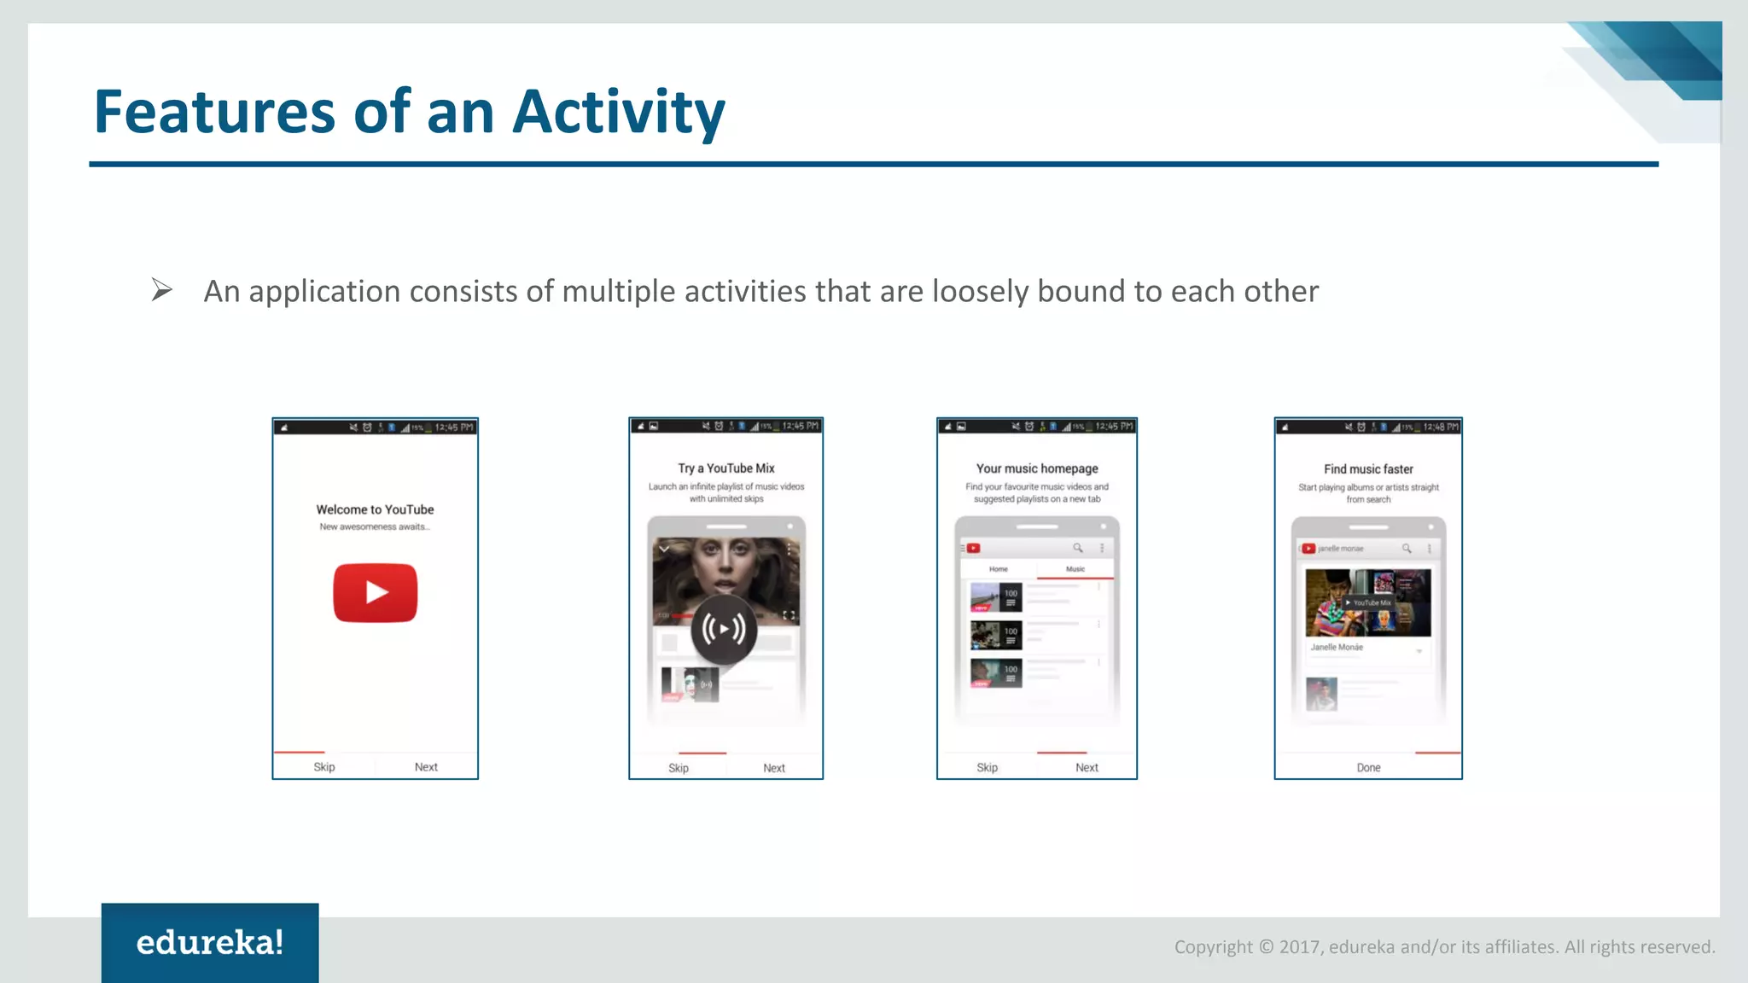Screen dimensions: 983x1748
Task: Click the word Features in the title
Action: click(214, 113)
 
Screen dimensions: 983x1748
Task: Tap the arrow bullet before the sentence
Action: click(161, 290)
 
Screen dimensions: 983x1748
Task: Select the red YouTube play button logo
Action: click(375, 592)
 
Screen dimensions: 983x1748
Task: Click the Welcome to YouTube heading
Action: click(375, 509)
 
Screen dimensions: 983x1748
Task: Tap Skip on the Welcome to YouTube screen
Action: click(324, 767)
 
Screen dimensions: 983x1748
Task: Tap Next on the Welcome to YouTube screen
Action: click(426, 767)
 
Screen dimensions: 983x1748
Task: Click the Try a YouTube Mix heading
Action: click(726, 468)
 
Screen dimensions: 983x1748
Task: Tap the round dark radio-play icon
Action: click(724, 630)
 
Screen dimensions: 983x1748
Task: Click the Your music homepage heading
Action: click(1037, 468)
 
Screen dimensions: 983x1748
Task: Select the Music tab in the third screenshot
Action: click(1075, 569)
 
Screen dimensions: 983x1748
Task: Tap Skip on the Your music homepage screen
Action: click(987, 768)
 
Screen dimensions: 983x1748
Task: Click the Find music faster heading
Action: click(1368, 469)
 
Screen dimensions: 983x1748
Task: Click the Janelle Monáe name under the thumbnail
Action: click(1337, 648)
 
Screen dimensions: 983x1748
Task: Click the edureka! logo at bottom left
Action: click(210, 943)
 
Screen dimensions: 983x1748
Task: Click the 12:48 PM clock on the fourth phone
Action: click(1441, 427)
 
